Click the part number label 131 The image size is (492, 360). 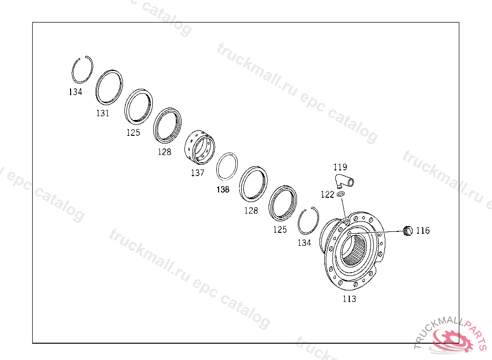[x=103, y=113]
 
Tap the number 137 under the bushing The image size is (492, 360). [x=197, y=172]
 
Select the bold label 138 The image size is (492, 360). [x=223, y=190]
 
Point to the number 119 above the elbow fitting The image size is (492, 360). [x=340, y=167]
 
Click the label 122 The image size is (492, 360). [x=327, y=195]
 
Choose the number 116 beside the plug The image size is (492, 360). [x=423, y=230]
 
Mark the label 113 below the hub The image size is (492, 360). [x=349, y=299]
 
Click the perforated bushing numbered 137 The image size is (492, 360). [x=200, y=147]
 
